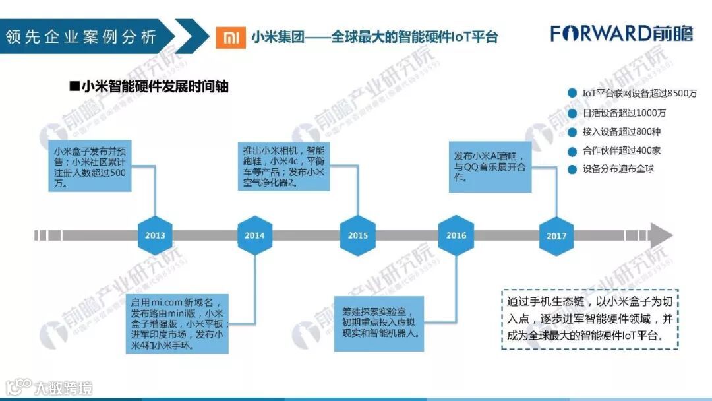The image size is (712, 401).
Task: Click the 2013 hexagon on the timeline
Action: (155, 235)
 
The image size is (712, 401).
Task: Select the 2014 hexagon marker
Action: (254, 235)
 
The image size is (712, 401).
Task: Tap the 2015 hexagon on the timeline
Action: (357, 235)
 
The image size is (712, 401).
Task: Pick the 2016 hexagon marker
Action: (456, 235)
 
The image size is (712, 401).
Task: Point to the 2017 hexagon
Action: (556, 235)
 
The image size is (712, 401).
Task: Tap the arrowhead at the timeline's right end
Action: (661, 235)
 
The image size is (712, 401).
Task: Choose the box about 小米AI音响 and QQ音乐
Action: (490, 166)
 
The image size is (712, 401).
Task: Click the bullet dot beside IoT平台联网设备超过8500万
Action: (571, 93)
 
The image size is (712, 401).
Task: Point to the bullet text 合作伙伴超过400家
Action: (621, 150)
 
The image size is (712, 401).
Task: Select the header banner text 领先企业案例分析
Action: (80, 36)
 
